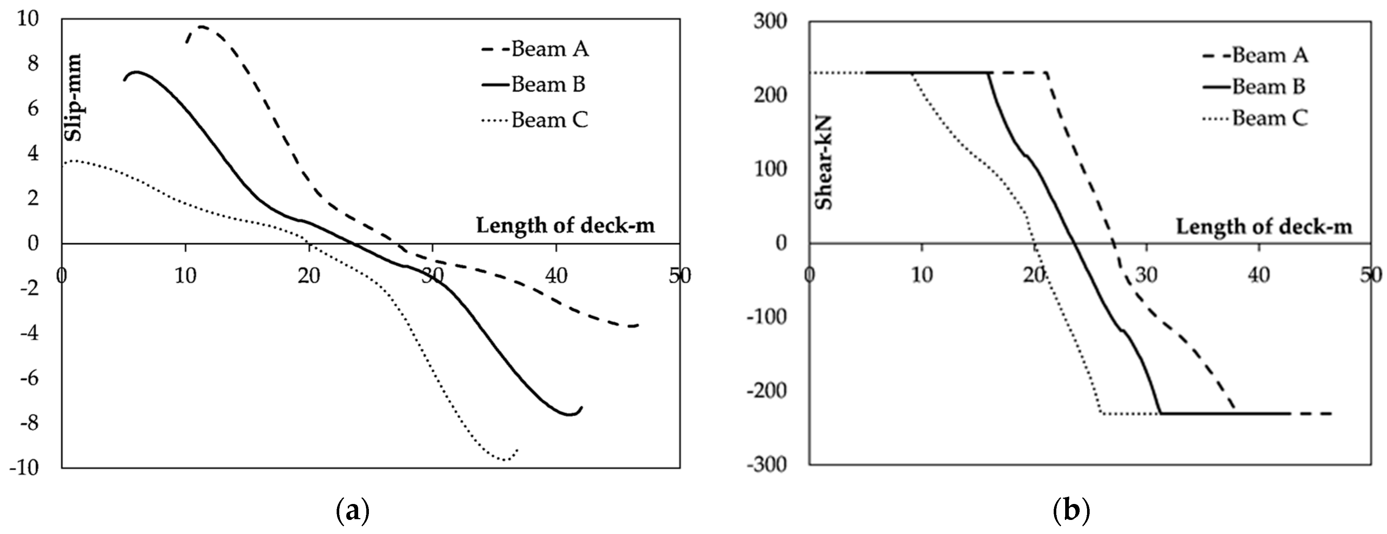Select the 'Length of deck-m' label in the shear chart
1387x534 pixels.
[x=1263, y=227]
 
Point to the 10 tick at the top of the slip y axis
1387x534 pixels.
[x=28, y=19]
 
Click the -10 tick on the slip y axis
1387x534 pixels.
[x=24, y=468]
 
